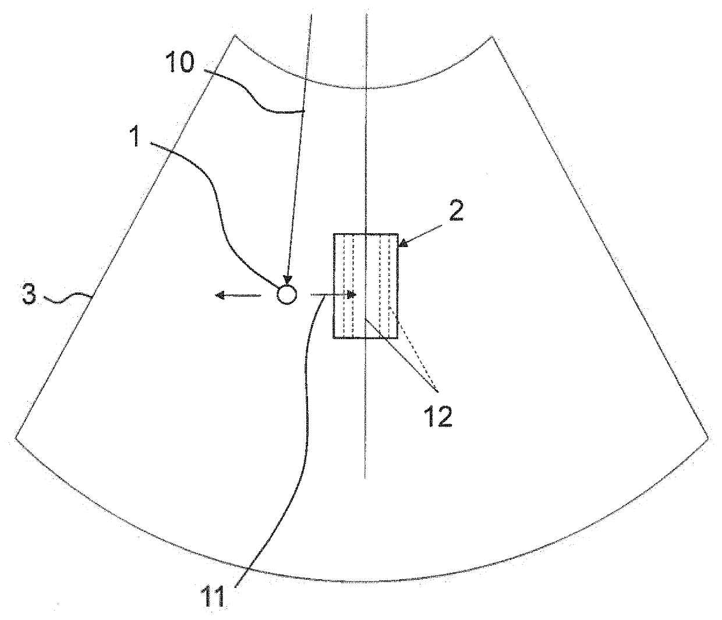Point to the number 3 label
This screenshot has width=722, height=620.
click(29, 295)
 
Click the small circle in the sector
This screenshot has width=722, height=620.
click(286, 295)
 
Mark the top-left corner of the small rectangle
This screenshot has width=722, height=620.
click(334, 234)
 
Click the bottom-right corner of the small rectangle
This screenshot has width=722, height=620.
click(399, 338)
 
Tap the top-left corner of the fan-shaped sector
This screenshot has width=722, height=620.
click(235, 37)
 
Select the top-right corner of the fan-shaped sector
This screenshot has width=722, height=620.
click(493, 37)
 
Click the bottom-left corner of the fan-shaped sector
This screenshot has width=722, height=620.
click(15, 437)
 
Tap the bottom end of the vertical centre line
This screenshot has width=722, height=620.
click(365, 478)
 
